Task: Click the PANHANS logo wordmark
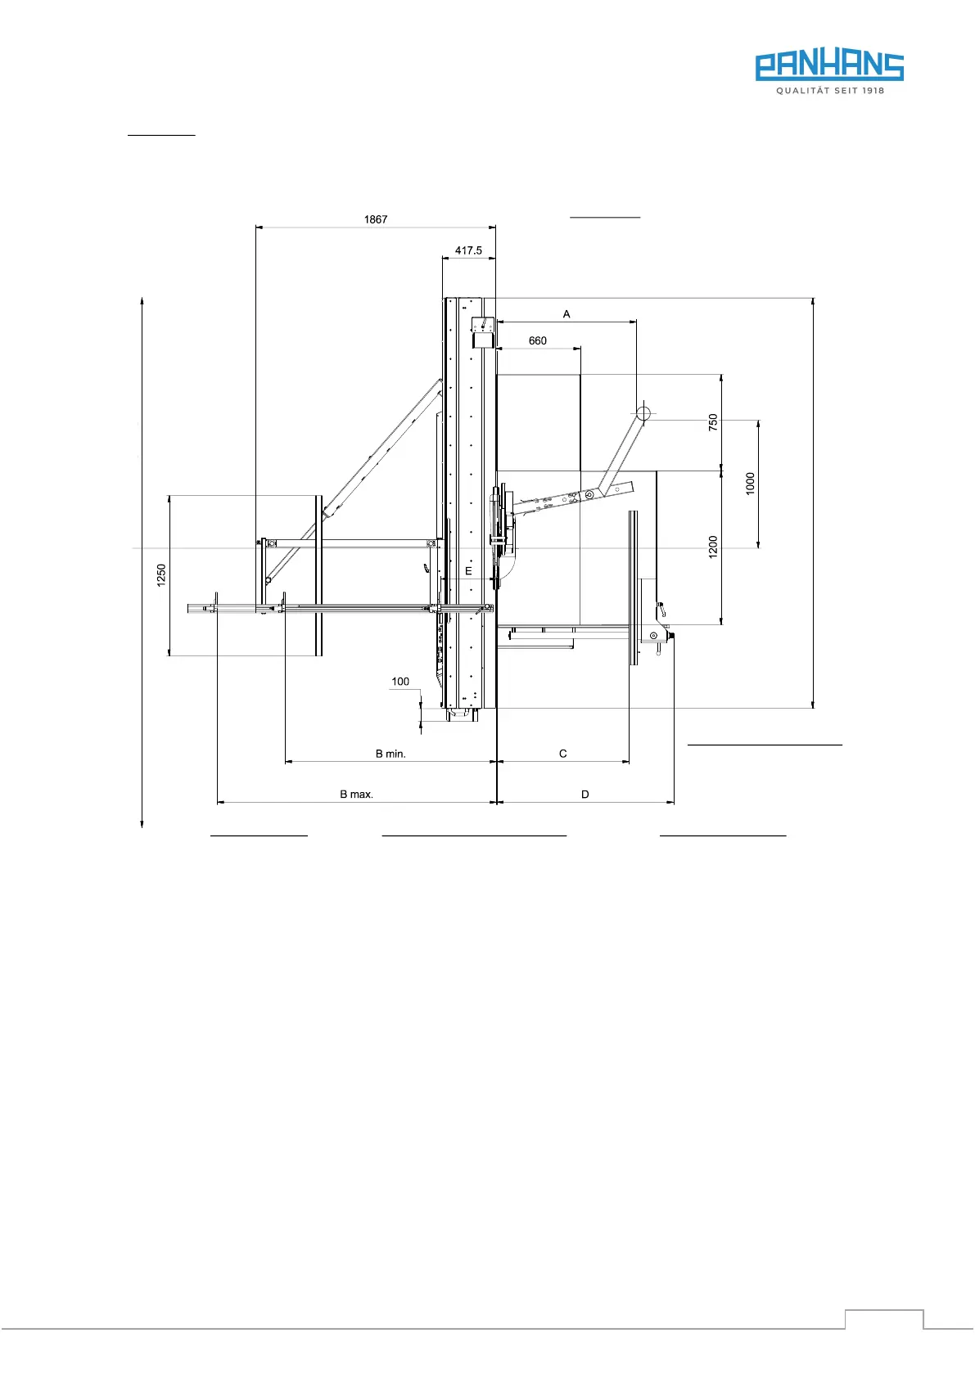tap(829, 66)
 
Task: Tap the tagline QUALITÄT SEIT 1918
tap(830, 91)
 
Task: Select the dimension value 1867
tap(376, 219)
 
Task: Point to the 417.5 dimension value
tap(468, 250)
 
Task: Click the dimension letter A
tap(566, 314)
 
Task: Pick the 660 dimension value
tap(537, 340)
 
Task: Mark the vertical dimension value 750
tap(713, 422)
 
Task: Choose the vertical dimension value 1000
tap(750, 484)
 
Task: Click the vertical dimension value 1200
tap(713, 547)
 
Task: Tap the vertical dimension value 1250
tap(161, 575)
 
